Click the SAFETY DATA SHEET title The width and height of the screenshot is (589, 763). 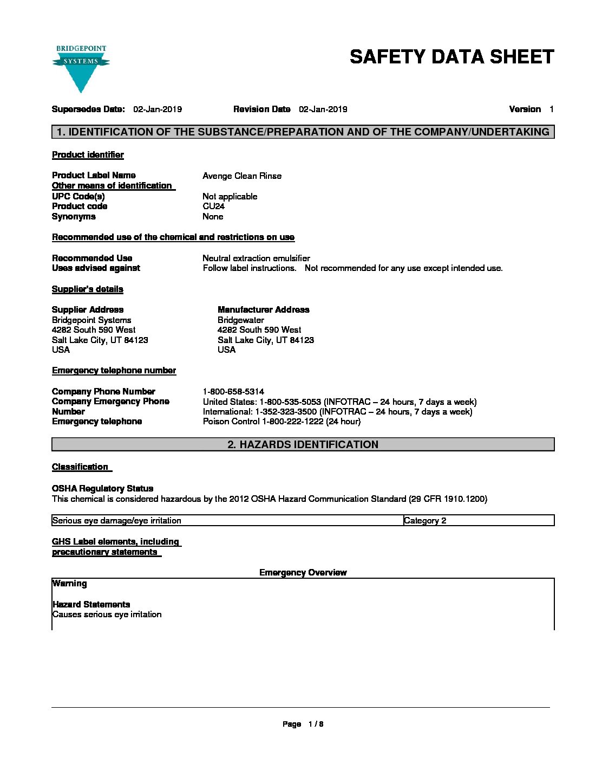(x=451, y=57)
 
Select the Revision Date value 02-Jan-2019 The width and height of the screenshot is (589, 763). (x=323, y=109)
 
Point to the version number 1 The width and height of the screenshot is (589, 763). (x=551, y=109)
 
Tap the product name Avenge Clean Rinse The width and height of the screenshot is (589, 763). (x=241, y=176)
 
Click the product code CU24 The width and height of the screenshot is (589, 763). (x=213, y=206)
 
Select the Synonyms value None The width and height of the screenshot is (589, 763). (x=213, y=217)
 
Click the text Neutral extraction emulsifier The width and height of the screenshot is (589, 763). (x=256, y=258)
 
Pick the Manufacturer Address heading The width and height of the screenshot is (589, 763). (x=263, y=310)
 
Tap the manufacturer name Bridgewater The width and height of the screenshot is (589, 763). (x=240, y=320)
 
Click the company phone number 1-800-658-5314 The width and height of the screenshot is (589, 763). (x=233, y=392)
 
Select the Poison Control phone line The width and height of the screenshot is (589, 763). (x=282, y=422)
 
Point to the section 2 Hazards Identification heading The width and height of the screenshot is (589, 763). (x=303, y=445)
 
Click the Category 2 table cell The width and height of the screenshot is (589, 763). (x=425, y=521)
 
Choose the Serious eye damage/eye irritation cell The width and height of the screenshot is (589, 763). (x=117, y=521)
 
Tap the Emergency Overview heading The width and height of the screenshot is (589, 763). (x=303, y=573)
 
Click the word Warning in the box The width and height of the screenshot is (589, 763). (x=69, y=584)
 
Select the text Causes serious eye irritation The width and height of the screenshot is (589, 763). (x=107, y=615)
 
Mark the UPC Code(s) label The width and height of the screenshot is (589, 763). (x=78, y=196)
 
